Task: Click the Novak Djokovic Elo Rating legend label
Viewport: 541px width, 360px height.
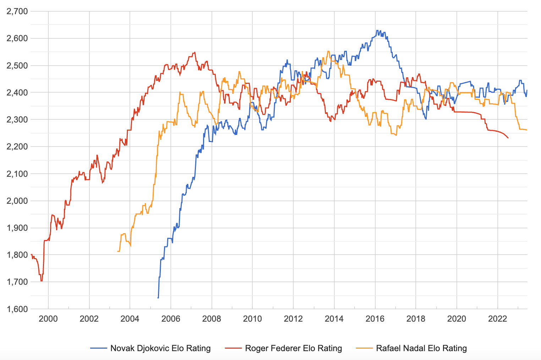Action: (160, 348)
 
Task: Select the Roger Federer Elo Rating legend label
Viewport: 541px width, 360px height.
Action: (294, 348)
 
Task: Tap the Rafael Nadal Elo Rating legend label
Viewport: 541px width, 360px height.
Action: (421, 348)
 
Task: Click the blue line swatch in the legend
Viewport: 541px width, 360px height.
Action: (99, 349)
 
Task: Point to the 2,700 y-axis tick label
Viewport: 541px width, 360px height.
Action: (17, 11)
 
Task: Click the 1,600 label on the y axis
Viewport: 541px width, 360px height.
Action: (17, 309)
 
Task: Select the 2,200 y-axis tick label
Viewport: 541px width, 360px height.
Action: (17, 147)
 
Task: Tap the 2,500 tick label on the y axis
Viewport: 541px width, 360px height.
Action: (17, 65)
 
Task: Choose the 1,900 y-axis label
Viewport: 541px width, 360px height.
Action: (17, 228)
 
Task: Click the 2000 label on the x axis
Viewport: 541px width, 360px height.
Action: (48, 318)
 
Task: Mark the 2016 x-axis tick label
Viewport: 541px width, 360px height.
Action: (375, 318)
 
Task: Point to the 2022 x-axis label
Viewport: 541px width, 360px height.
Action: (498, 318)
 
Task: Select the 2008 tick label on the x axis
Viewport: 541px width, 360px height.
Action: (212, 318)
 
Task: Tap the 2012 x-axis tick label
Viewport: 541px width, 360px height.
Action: (293, 318)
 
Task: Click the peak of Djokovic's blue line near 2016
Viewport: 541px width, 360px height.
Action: (377, 31)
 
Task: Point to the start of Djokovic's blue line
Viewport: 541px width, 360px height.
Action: (158, 298)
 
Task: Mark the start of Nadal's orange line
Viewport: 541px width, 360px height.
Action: (118, 251)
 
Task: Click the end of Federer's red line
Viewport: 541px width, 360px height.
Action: (508, 138)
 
